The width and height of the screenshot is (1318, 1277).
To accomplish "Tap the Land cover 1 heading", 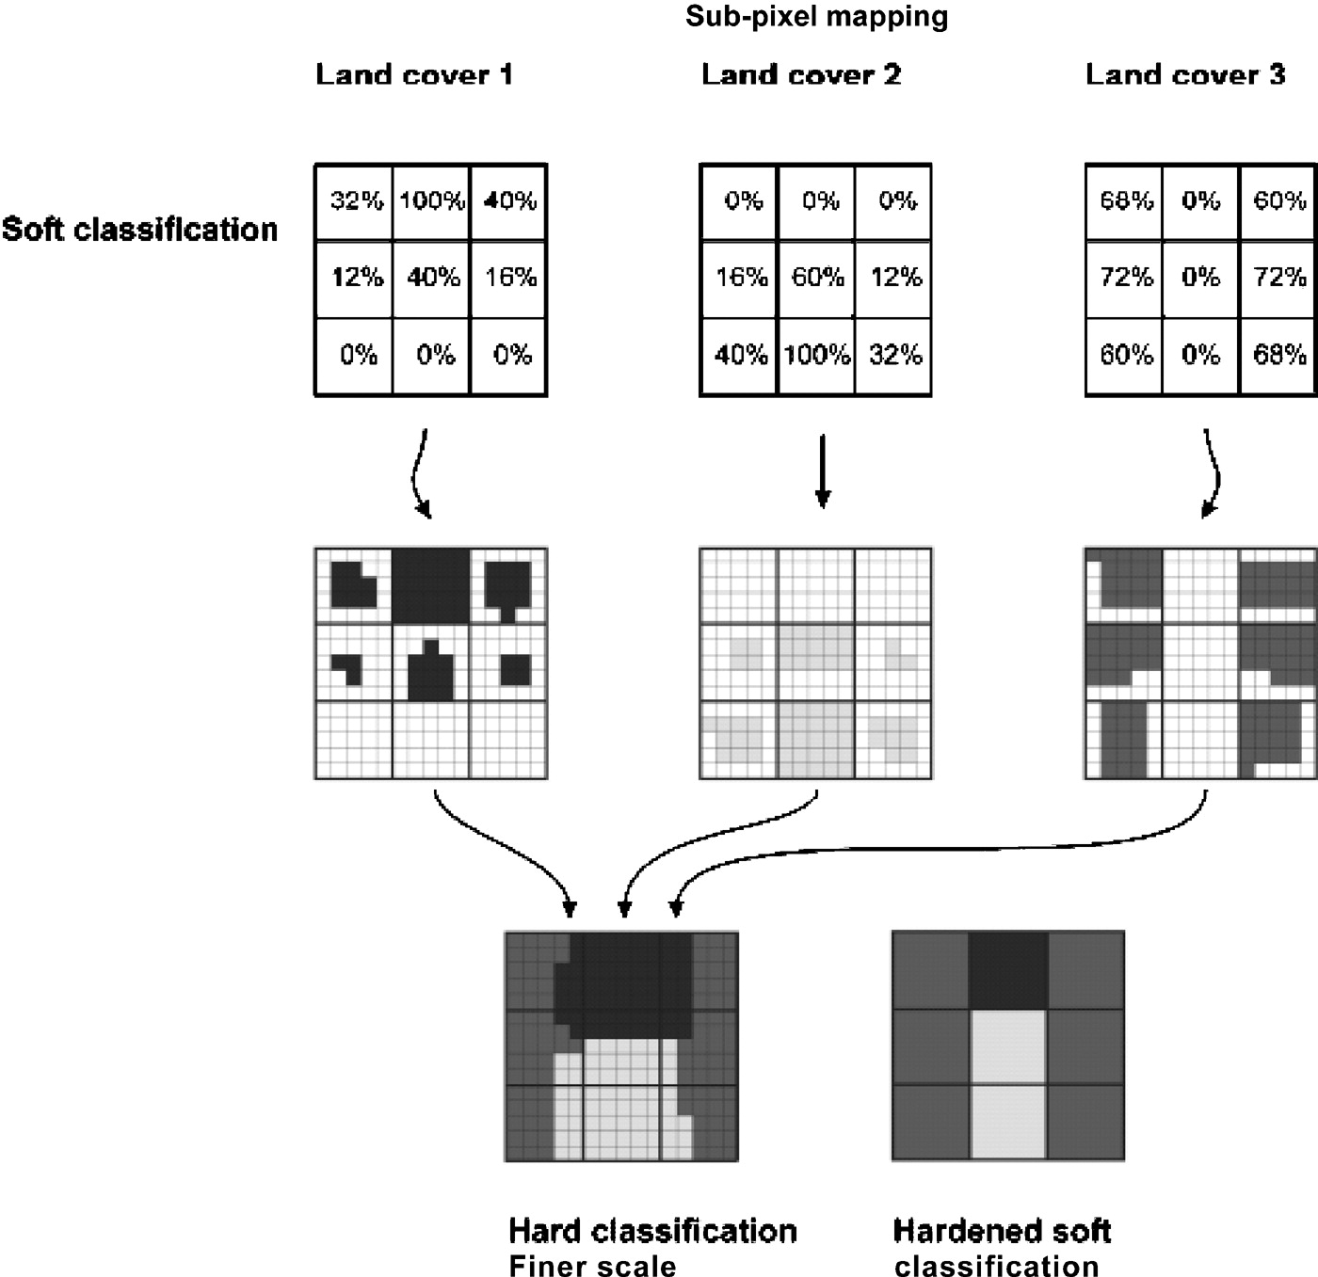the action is pos(414,74).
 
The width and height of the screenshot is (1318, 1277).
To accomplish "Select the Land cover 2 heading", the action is pos(801,74).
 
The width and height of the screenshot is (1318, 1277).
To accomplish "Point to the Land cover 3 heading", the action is pos(1185,74).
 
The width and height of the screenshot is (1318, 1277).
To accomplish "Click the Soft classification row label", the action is pos(139,230).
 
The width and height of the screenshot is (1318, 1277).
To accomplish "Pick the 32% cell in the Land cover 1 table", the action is pos(354,201).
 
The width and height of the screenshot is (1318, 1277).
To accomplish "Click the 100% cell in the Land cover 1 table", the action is pos(431,201).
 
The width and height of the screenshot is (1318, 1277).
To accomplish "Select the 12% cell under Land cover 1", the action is pos(354,279).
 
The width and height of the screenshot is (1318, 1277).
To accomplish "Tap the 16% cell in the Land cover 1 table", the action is pos(508,279).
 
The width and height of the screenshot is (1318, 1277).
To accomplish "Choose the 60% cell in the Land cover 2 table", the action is pos(817,279).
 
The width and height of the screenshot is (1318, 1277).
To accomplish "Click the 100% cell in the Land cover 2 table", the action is pos(817,356).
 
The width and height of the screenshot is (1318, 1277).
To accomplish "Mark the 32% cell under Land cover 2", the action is pos(893,356).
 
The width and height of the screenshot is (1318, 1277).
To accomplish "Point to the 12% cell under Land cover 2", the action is pos(893,279).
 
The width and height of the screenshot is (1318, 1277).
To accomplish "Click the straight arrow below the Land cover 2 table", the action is pos(822,471).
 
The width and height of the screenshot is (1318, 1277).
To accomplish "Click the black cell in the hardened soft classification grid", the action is pos(1008,970).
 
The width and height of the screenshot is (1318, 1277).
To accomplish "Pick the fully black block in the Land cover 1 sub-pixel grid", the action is pos(431,585).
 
